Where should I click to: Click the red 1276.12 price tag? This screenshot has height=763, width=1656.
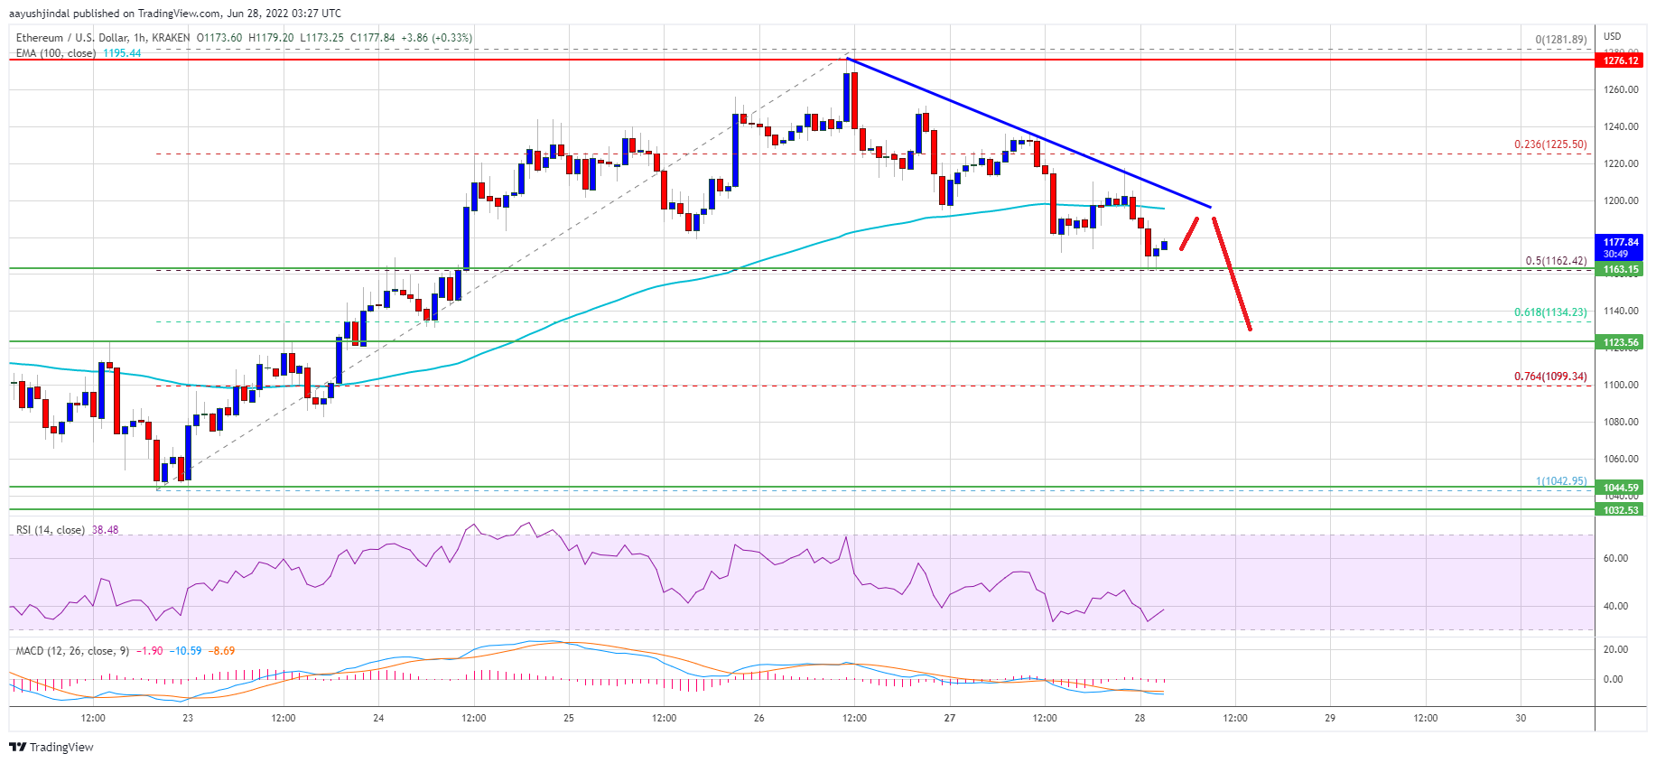(x=1621, y=60)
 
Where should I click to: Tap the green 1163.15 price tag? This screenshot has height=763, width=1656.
(x=1621, y=269)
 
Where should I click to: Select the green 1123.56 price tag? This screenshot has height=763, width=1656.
(x=1621, y=342)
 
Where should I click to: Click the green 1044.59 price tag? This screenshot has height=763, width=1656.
(x=1621, y=488)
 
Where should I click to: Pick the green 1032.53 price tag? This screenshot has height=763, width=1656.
(x=1621, y=510)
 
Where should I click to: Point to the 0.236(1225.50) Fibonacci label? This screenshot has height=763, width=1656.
(x=1550, y=144)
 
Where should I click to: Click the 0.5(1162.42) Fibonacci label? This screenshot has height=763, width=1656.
(x=1556, y=261)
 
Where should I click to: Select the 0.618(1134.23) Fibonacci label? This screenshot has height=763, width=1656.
(x=1550, y=312)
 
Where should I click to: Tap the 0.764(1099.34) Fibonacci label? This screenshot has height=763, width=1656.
(x=1550, y=377)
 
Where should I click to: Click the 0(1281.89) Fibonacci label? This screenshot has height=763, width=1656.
(x=1561, y=40)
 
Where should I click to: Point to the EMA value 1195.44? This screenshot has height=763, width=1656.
(x=122, y=53)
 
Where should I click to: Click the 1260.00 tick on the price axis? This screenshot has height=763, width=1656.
(x=1621, y=89)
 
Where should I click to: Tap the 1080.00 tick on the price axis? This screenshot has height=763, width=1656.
(x=1621, y=422)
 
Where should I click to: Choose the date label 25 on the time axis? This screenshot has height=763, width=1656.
(x=569, y=719)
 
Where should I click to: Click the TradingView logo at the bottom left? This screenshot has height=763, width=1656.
(x=51, y=747)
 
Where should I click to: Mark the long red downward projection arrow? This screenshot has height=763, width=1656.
(x=1232, y=274)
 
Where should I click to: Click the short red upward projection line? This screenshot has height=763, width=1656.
(x=1189, y=233)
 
